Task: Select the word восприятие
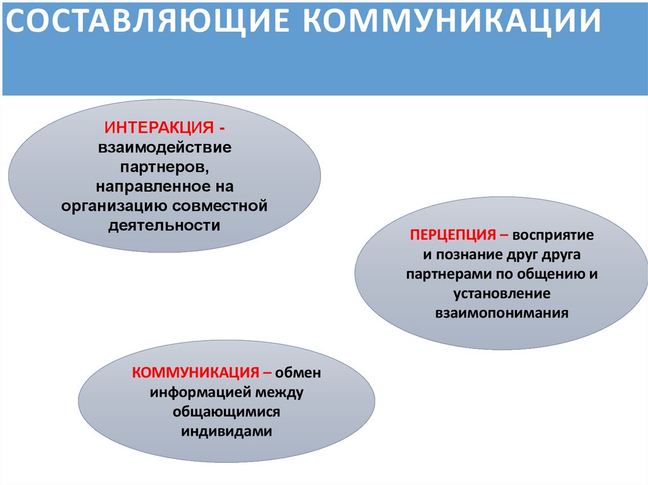554,235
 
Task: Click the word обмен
299,372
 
